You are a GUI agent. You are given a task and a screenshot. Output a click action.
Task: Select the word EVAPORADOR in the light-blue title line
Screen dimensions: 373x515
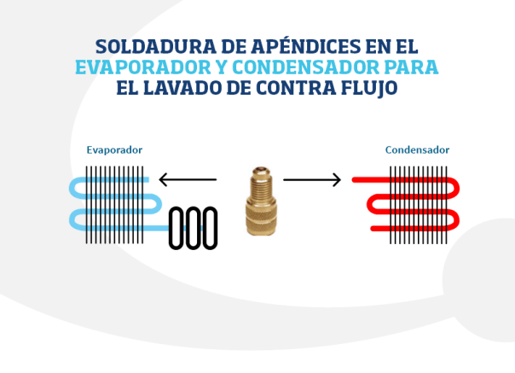coord(132,67)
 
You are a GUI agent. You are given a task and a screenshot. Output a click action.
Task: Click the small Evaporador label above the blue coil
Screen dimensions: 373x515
coord(114,150)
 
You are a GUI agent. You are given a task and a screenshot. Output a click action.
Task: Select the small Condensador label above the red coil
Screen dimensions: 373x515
coord(417,150)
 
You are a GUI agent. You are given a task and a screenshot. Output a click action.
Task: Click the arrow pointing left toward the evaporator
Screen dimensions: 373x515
coord(188,180)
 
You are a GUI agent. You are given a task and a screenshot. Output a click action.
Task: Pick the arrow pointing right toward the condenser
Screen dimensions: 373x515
coord(312,180)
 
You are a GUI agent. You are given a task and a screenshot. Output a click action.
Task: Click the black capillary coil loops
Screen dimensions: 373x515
coord(193,228)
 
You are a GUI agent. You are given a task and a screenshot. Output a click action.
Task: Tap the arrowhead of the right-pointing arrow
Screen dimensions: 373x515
coord(337,180)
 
